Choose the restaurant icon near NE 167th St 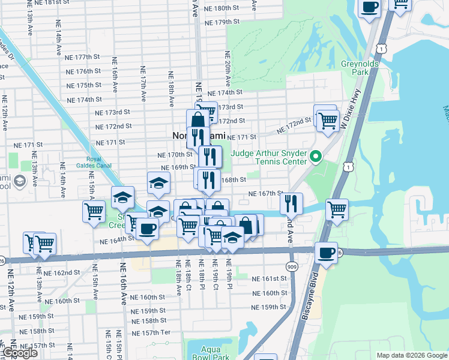coord(291,204)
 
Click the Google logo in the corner coord(19,353)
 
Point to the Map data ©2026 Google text coord(412,355)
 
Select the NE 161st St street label coord(270,279)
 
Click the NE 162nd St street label coord(62,272)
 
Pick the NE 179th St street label coord(222,22)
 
